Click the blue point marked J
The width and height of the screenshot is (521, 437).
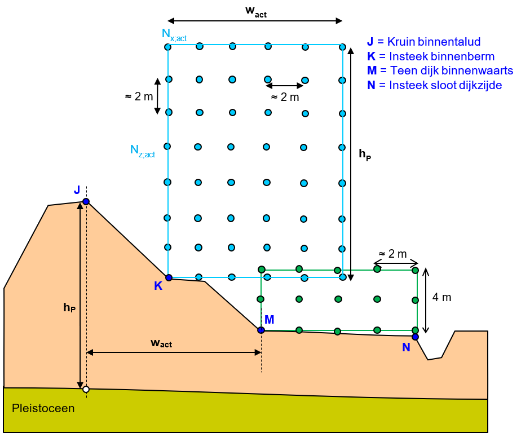coord(86,201)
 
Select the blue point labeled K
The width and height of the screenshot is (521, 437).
coord(169,277)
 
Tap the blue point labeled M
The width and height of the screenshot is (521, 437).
coord(261,330)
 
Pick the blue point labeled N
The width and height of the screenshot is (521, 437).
coord(415,337)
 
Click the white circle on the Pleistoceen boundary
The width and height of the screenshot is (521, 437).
coord(86,389)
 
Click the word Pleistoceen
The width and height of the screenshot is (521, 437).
coord(43,408)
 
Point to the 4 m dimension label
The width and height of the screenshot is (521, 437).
coord(442,297)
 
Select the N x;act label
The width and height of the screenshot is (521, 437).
coord(174,35)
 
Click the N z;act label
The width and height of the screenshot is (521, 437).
coord(142,151)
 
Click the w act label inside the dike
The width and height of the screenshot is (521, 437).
coord(161,343)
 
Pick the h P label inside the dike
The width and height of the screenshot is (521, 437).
coord(70,307)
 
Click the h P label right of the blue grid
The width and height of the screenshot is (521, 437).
coord(365,153)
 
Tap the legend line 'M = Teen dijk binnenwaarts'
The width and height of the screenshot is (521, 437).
coord(440,70)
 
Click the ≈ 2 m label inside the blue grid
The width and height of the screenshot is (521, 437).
coord(285,97)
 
